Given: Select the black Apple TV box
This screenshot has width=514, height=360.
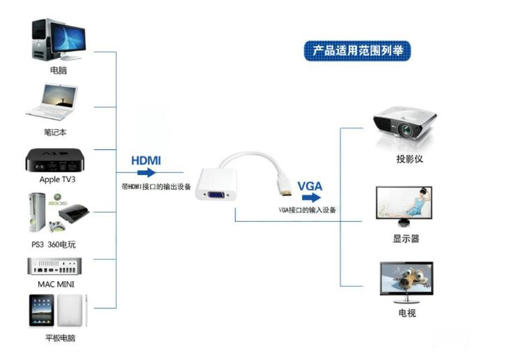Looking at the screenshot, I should pos(56,160).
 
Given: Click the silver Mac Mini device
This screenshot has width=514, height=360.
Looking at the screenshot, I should pos(54,267).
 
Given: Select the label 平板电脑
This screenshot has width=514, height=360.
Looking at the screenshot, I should pos(60,338).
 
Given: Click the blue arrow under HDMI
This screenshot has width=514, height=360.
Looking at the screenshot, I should pos(148,172).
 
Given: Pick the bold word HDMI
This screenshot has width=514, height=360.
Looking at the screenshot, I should pos(146,160).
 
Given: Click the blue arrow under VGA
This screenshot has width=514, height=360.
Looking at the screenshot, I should pos(310,197).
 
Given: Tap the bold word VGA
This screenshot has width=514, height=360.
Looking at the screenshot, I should pos(310,186).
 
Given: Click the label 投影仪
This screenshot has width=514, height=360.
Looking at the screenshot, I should pos(409,159).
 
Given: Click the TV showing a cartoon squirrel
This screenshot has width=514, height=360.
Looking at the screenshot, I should pos(406,280).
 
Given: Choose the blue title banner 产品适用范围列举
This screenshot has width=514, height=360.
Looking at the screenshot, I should pos(357,51).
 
